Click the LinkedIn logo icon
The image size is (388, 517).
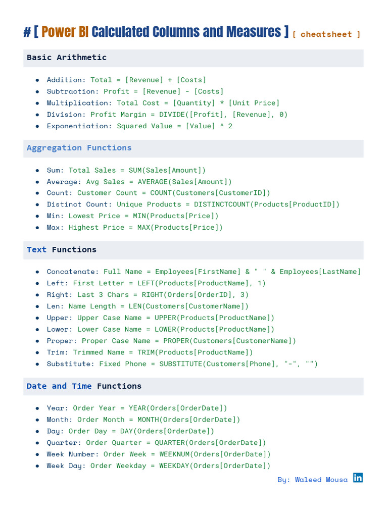point(358,478)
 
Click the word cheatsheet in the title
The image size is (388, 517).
point(326,34)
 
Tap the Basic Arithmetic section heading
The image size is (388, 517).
point(67,58)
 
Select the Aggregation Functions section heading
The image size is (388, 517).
point(79,148)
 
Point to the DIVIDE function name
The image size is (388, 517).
point(174,115)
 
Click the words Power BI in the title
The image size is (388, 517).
point(65,32)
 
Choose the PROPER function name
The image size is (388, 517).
point(176,341)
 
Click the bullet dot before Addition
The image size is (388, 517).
point(37,80)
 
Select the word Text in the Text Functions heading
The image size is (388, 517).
point(36,250)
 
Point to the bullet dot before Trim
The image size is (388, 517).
point(37,352)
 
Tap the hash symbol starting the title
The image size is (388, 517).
point(27,33)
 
